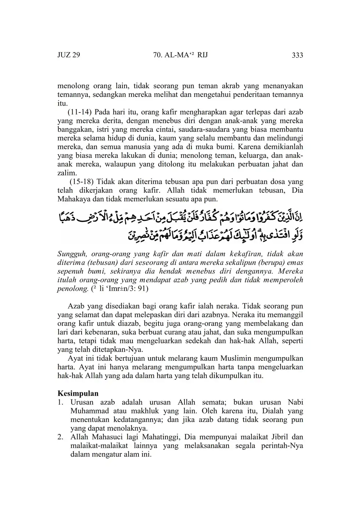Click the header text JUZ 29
tap(69, 55)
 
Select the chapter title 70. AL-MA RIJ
tap(180, 55)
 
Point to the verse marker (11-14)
tap(79, 112)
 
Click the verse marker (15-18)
tap(82, 182)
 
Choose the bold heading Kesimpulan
tap(78, 393)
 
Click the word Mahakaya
tap(74, 199)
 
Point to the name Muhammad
tap(88, 411)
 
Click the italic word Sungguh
tap(70, 254)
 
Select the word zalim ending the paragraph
tap(66, 173)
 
